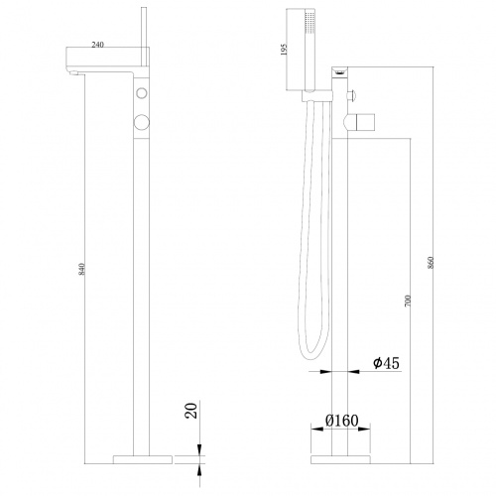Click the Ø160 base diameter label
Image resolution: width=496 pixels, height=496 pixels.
341,420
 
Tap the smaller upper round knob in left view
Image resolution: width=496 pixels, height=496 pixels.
142,93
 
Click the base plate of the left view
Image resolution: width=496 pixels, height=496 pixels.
142,459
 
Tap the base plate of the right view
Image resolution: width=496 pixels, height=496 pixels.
341,459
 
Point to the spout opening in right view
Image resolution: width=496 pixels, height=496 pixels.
340,71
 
